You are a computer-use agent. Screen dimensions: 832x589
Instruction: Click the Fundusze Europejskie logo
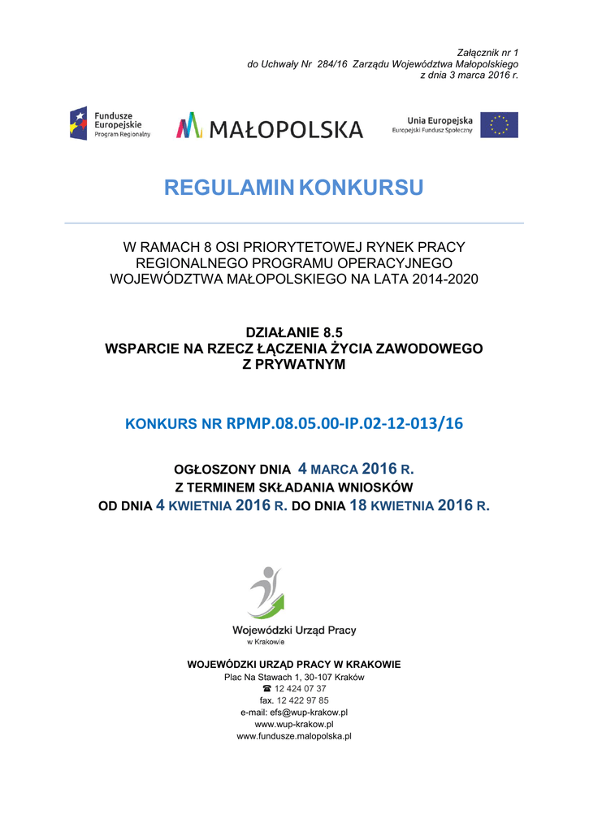click(110, 123)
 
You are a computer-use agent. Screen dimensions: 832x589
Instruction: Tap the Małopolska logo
click(270, 127)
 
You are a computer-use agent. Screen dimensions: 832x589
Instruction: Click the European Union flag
click(499, 124)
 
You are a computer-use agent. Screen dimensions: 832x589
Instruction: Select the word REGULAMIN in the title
click(228, 188)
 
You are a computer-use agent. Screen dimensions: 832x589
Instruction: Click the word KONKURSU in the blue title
click(361, 188)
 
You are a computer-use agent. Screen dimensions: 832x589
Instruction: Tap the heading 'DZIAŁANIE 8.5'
click(294, 332)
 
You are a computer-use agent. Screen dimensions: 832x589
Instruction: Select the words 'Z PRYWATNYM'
click(294, 364)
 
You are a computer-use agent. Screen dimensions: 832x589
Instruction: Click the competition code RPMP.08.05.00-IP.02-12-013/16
click(344, 423)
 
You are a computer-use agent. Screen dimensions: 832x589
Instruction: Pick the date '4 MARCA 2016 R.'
click(357, 469)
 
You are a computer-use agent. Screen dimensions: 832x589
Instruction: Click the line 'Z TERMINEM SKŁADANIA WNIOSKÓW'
click(294, 487)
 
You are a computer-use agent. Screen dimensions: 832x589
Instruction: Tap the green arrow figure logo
click(266, 591)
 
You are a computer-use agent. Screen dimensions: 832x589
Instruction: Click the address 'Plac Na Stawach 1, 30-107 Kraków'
click(294, 677)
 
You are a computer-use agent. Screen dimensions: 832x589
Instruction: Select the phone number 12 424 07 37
click(301, 688)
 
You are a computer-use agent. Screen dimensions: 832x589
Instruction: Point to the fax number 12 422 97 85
click(302, 700)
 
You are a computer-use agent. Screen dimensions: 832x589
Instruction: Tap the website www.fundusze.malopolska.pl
click(294, 736)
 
